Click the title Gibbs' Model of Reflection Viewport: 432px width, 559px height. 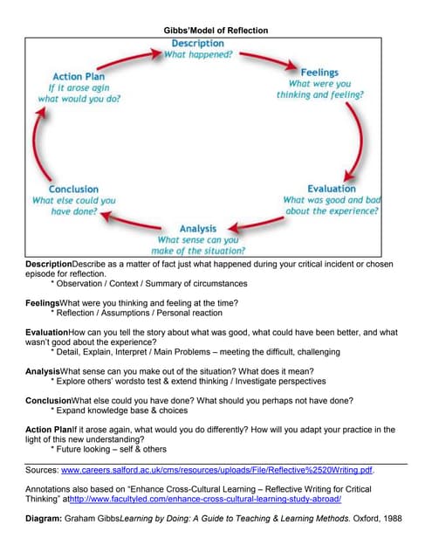[216, 31]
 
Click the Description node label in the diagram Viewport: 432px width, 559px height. [197, 44]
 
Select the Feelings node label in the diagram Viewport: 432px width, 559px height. [326, 72]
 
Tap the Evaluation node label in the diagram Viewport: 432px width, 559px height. [332, 188]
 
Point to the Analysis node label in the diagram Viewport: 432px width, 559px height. [197, 229]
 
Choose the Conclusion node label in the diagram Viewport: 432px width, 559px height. [73, 189]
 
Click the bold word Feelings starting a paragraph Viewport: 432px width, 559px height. [42, 302]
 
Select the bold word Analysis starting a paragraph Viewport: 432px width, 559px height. [43, 371]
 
